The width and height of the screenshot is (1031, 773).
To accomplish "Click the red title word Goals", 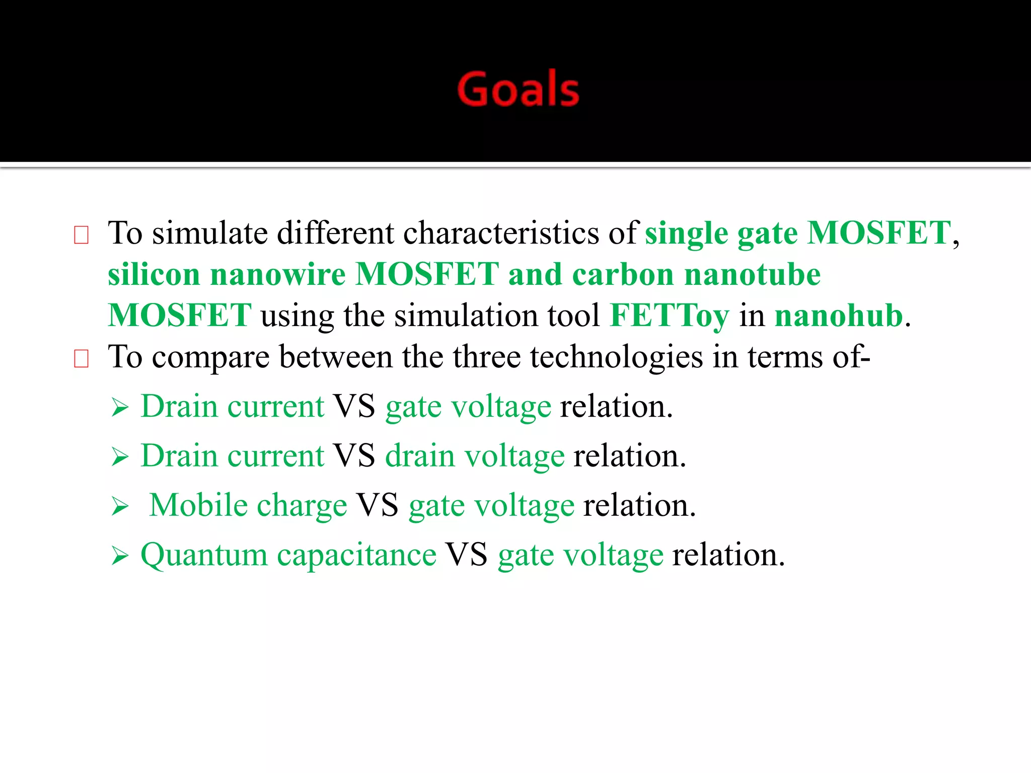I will pos(518,89).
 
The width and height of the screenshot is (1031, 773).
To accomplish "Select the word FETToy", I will pos(669,316).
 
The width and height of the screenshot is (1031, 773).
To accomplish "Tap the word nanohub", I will pos(839,316).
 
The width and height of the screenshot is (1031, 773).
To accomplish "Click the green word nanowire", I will pos(277,275).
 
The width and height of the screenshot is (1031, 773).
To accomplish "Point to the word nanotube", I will pos(752,275).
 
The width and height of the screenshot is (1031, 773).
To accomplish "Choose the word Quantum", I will pos(203,556).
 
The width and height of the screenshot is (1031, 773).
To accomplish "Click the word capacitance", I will pos(356,556).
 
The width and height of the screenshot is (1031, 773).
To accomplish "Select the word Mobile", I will pos(198,505).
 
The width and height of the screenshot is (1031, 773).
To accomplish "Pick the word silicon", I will pos(154,275).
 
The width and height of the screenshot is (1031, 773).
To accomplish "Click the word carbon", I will pos(623,275).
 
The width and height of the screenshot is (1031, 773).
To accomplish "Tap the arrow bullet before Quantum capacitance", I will pos(120,556).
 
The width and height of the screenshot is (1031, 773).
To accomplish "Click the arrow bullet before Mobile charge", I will pos(120,506).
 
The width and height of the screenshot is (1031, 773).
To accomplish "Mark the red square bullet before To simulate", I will pos(81,235).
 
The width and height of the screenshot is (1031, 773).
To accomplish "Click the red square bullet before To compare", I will pos(81,359).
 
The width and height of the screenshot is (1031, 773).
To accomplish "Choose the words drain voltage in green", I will pos(475,456).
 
